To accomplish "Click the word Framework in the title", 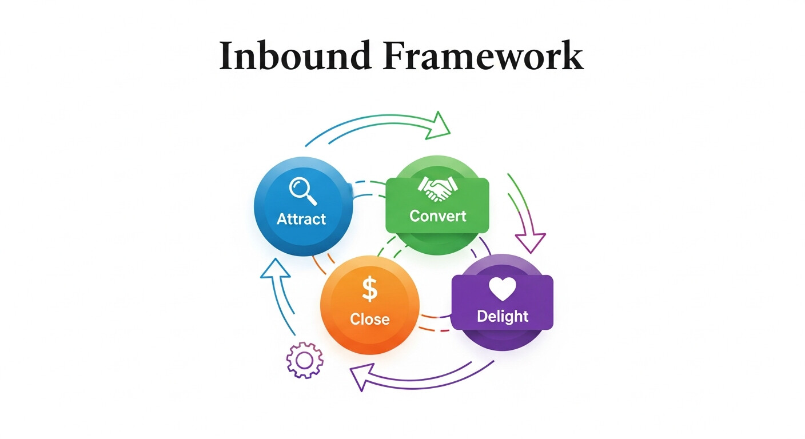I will coord(485,56).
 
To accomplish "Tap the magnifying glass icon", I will coord(302,190).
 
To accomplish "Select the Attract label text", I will coord(301,219).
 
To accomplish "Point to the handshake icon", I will coord(437,189).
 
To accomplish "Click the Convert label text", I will coord(438,216).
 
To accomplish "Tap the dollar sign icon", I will coord(370,289).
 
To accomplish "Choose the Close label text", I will coord(369,319).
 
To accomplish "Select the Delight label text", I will coord(503,316).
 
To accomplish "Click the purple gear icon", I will coord(304,360).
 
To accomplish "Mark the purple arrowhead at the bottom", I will coord(360,378).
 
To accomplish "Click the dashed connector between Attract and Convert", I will coord(369,189).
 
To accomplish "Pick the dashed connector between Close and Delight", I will coord(436,323).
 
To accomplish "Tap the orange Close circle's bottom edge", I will coord(370,354).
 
